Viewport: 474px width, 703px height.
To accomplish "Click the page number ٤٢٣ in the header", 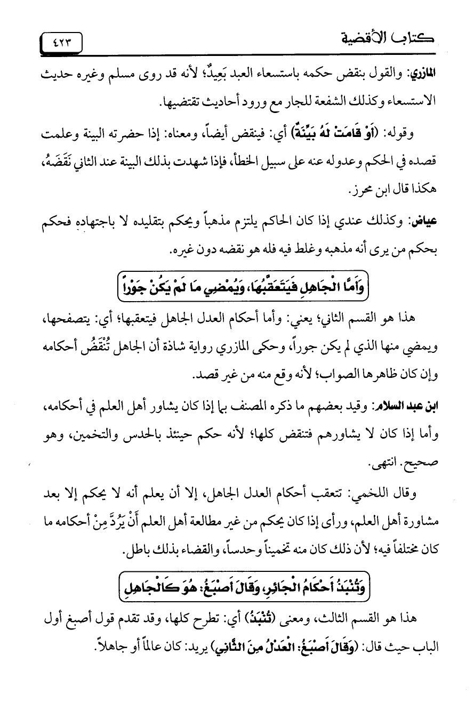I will (61, 41).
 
